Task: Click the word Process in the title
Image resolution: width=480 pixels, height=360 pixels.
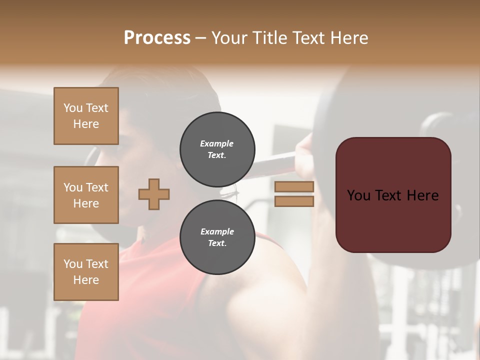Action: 157,38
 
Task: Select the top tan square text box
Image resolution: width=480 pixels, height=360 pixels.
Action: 86,116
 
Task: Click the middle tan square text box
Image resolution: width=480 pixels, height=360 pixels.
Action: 86,195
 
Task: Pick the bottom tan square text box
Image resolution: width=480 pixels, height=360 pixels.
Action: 86,272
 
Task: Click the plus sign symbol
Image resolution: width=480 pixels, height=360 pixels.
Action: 154,194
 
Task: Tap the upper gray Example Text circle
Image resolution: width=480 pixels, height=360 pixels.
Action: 217,149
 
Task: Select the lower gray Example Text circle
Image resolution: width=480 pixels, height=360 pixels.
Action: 217,237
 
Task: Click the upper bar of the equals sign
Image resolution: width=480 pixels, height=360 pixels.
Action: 294,187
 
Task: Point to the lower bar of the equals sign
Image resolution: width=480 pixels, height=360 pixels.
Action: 294,201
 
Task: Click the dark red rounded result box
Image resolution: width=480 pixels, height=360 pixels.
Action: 393,220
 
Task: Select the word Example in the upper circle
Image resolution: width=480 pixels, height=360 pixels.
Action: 217,143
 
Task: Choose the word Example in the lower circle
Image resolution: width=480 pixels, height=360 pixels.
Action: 217,231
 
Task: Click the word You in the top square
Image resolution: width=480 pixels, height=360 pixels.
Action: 73,108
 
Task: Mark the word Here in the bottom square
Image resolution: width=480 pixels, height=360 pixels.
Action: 86,280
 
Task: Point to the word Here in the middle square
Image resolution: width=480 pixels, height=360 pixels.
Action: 86,203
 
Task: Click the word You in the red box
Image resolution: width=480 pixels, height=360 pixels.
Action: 358,195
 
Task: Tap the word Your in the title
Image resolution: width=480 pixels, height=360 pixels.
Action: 231,38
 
